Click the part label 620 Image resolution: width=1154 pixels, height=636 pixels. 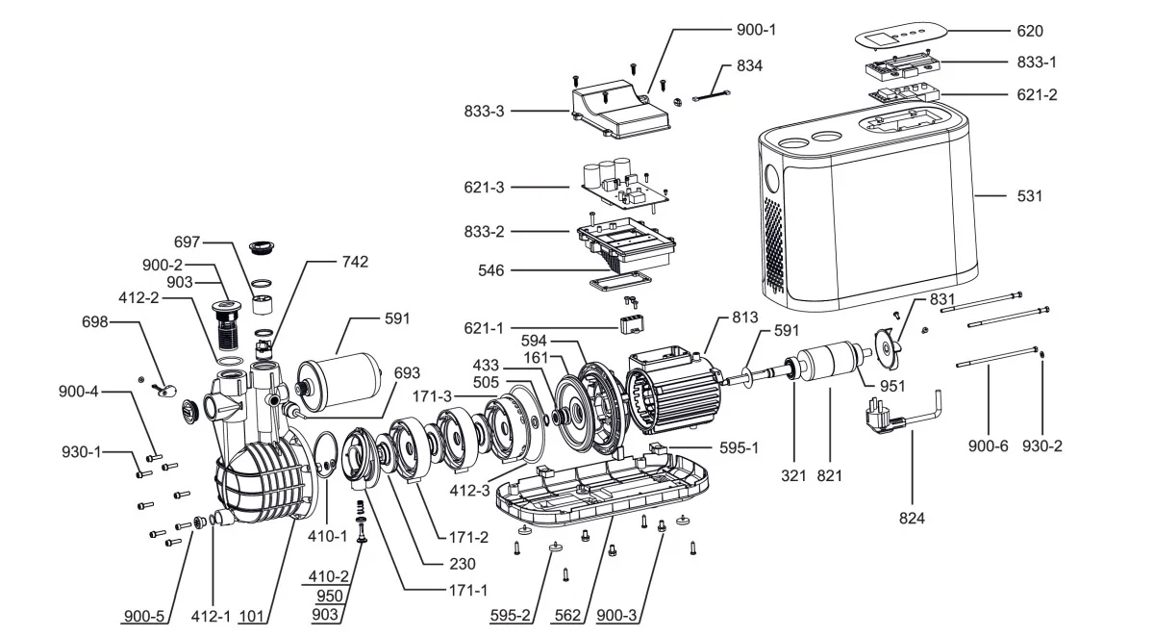pos(1029,31)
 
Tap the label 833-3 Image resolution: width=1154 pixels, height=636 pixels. pos(484,111)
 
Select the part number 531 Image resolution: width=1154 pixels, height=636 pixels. pos(1029,196)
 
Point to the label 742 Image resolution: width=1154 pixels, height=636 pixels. pos(355,262)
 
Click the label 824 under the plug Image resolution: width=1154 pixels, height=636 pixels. pos(912,518)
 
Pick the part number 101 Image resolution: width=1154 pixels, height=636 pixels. pos(251,616)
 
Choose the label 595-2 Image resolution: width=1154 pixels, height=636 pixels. pos(510,615)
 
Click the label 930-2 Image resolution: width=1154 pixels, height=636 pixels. pos(1042,445)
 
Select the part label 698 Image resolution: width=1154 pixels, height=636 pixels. pos(95,322)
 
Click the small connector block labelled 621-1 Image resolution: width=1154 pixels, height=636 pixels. pos(633,322)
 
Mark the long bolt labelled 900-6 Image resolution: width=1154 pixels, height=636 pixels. pos(997,357)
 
